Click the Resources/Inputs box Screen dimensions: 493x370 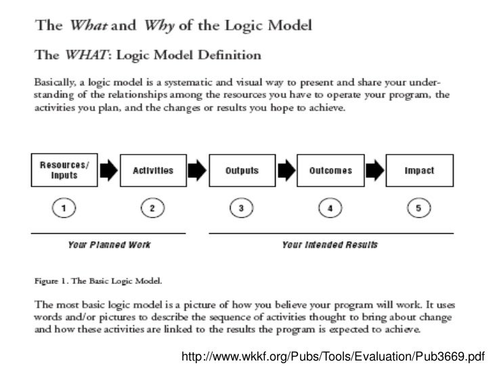pyautogui.click(x=64, y=171)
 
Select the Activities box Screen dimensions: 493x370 pyautogui.click(x=153, y=171)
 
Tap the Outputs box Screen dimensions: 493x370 pyautogui.click(x=242, y=171)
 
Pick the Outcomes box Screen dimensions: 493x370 pyautogui.click(x=330, y=171)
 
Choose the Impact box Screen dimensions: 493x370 pyautogui.click(x=419, y=171)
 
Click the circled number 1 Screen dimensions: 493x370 pyautogui.click(x=64, y=209)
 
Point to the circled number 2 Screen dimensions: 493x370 pyautogui.click(x=153, y=209)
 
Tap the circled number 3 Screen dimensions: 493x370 pyautogui.click(x=242, y=209)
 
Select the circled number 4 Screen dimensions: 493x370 pyautogui.click(x=330, y=209)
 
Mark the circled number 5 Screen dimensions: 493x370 pyautogui.click(x=419, y=209)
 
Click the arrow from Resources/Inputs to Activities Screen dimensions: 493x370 pyautogui.click(x=108, y=171)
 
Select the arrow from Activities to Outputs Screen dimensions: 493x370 pyautogui.click(x=197, y=171)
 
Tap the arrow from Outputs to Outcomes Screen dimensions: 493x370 pyautogui.click(x=286, y=171)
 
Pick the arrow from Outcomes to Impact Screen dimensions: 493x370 pyautogui.click(x=375, y=171)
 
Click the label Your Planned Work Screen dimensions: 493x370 pyautogui.click(x=109, y=245)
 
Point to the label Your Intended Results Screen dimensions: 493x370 pyautogui.click(x=330, y=245)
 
